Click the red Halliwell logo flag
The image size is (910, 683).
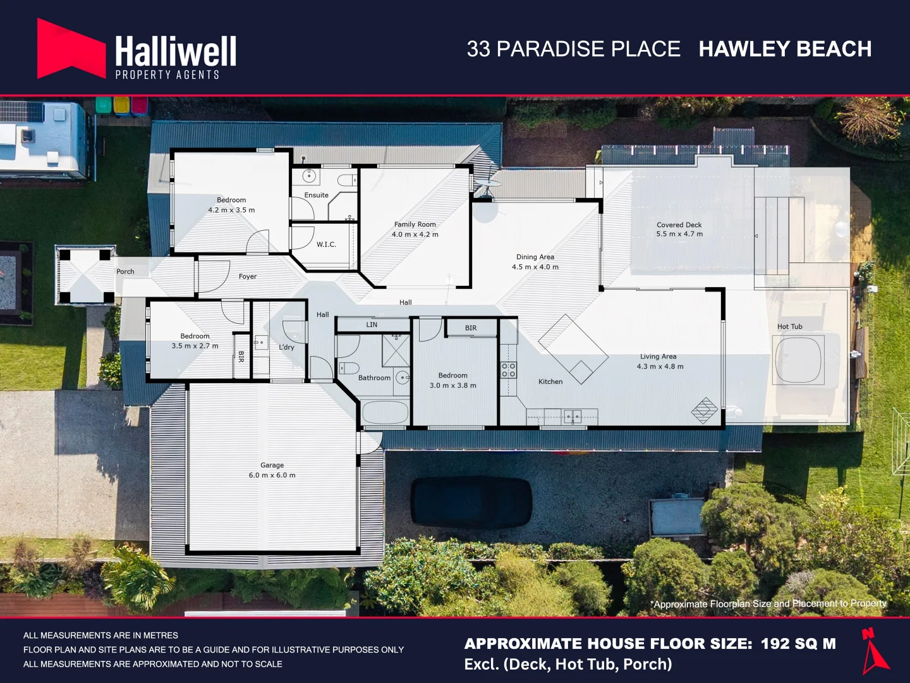pyautogui.click(x=71, y=49)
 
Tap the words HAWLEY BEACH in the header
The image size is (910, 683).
pyautogui.click(x=786, y=49)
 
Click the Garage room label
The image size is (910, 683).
pyautogui.click(x=272, y=465)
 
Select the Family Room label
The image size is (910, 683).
pyautogui.click(x=415, y=225)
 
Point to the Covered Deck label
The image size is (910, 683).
pyautogui.click(x=679, y=225)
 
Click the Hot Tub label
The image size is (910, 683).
pyautogui.click(x=790, y=326)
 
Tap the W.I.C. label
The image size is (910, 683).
pyautogui.click(x=326, y=244)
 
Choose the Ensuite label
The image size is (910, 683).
pyautogui.click(x=317, y=195)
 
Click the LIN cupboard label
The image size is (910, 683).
pyautogui.click(x=372, y=324)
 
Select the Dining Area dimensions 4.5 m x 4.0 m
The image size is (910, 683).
pyautogui.click(x=535, y=267)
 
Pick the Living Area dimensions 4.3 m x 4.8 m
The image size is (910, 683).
pyautogui.click(x=660, y=367)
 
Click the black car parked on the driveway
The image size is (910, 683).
pyautogui.click(x=471, y=503)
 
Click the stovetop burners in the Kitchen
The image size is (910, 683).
pyautogui.click(x=509, y=370)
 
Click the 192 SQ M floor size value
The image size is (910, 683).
pyautogui.click(x=799, y=644)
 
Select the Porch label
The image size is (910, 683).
pyautogui.click(x=125, y=272)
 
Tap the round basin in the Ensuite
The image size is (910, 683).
pyautogui.click(x=309, y=176)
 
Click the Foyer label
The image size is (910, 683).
pyautogui.click(x=248, y=276)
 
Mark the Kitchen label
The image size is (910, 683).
pyautogui.click(x=550, y=381)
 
